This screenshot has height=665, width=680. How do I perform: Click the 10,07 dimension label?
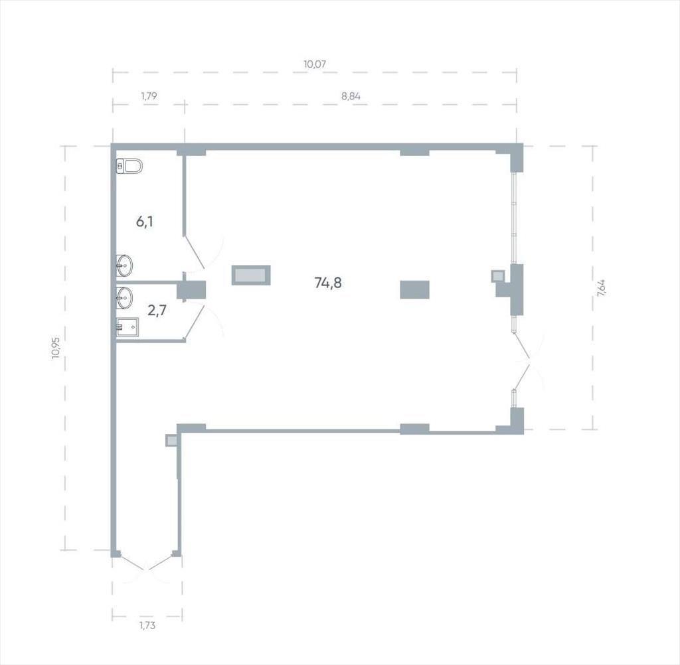coord(314,64)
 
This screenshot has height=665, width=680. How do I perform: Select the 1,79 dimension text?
coord(149,96)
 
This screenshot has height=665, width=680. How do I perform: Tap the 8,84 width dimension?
coord(351,96)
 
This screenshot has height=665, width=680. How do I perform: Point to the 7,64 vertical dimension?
coord(602,287)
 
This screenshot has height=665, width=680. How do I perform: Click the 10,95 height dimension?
coord(56,348)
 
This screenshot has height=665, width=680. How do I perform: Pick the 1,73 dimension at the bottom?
coord(147,626)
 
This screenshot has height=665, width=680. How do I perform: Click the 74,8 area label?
coord(328,283)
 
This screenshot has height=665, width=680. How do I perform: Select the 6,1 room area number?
coord(144,222)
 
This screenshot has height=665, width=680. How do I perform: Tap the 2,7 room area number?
coord(157,311)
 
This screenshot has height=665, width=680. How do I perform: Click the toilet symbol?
coord(129,166)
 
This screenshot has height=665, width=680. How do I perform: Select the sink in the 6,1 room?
coord(124,265)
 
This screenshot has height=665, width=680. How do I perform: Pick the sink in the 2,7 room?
coord(124,297)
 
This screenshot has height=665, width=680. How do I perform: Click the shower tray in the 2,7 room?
coord(127,327)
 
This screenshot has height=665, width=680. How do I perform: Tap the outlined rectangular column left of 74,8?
coord(250,275)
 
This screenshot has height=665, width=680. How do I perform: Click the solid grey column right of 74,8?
coord(414,289)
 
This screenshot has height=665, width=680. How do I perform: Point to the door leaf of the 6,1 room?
coord(194,251)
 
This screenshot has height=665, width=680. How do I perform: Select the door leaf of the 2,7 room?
coord(195,319)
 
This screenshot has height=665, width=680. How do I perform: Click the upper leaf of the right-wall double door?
coord(521,346)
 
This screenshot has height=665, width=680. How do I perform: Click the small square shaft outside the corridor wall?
coord(172,441)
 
